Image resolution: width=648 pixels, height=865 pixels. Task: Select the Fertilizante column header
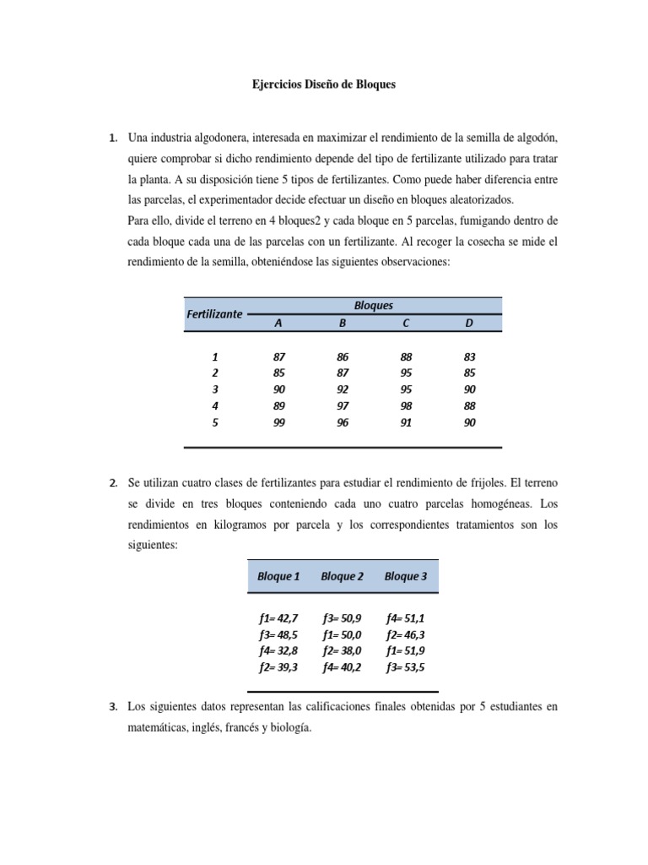pos(214,313)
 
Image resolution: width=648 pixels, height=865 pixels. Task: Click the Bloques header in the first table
pos(373,305)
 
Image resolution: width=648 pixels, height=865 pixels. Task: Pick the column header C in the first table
pos(406,323)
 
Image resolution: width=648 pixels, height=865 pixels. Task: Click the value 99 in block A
pos(279,422)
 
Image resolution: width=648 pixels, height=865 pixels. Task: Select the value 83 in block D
pos(470,357)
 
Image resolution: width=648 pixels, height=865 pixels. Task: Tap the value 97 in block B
pos(343,405)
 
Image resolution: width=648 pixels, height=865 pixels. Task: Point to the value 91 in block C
pos(406,422)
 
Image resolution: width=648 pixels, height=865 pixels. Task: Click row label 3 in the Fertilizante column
pos(215,389)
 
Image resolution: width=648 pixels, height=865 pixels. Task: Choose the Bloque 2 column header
pos(342,576)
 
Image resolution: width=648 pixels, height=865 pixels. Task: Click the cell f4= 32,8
pos(278,650)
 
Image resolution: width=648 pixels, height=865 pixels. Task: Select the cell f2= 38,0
pos(342,650)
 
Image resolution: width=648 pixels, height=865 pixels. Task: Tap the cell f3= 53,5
pos(406,666)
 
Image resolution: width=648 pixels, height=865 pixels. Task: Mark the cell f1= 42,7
pos(278,618)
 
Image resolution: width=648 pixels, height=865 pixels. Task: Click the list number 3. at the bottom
pos(114,705)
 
